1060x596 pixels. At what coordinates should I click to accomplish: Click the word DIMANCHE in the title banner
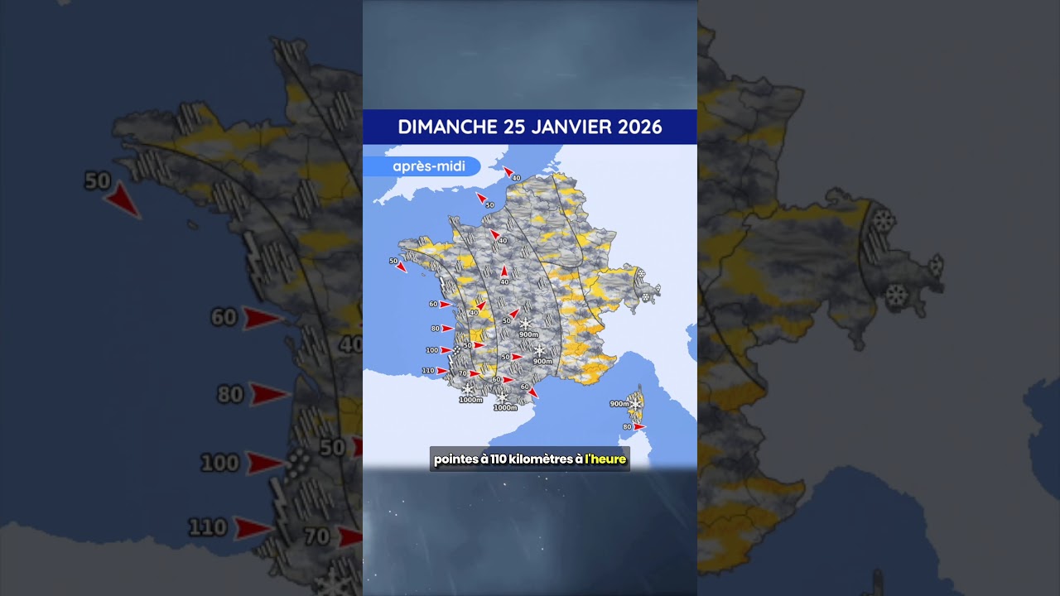[446, 127]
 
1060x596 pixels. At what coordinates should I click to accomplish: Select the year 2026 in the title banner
[638, 127]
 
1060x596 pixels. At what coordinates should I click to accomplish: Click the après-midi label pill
[422, 166]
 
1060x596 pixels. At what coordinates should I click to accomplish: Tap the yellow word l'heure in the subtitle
[606, 459]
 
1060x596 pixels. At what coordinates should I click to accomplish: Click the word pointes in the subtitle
[454, 459]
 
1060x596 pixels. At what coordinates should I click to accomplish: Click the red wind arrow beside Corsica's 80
[639, 426]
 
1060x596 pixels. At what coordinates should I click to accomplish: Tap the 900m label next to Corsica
[619, 404]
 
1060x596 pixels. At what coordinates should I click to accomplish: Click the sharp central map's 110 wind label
[428, 370]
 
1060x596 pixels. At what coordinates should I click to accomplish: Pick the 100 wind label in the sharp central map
[431, 350]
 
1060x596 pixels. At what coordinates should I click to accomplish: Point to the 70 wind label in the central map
[463, 373]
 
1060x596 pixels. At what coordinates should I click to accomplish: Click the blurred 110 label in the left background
[207, 526]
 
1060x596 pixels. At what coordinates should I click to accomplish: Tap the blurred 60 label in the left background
[224, 317]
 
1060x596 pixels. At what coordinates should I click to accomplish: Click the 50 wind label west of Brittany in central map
[393, 261]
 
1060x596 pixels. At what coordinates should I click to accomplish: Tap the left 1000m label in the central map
[470, 400]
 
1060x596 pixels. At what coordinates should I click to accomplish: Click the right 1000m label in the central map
[505, 407]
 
